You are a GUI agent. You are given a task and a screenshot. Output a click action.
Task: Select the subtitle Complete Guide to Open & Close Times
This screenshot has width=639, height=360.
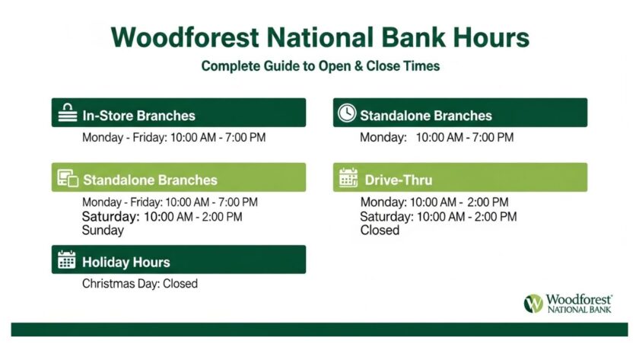[320, 66]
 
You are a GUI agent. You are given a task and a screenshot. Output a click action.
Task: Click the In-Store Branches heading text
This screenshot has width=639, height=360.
[138, 116]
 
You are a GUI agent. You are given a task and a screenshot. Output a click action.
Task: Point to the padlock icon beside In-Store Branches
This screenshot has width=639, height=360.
[67, 113]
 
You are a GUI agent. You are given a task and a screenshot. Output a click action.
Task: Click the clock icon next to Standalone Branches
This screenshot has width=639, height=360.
[346, 113]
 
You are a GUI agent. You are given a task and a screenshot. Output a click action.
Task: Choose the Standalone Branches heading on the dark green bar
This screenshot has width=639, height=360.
[426, 116]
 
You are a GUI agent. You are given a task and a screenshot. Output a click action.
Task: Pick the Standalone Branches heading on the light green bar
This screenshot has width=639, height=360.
[150, 180]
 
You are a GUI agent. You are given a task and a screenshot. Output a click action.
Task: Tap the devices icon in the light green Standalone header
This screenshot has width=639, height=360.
[68, 179]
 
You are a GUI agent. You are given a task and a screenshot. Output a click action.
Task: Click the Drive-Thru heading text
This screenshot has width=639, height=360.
[398, 180]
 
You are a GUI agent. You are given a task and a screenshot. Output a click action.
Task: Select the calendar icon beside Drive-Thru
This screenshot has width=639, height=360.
[348, 178]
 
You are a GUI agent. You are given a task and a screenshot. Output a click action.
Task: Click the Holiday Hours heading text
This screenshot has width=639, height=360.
[126, 262]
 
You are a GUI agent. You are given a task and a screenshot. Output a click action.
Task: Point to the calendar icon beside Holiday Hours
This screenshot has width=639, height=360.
[67, 260]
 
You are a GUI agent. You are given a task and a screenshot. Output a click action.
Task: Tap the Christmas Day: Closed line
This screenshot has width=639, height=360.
[139, 284]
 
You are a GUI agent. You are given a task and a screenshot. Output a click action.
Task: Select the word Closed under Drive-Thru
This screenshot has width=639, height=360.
[380, 230]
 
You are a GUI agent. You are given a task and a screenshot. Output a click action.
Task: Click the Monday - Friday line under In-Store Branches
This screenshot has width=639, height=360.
[173, 138]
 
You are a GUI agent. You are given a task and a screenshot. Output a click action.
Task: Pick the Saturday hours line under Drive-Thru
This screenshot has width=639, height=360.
[438, 217]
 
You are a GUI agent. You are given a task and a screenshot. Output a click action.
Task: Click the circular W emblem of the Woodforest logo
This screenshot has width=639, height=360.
[534, 304]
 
